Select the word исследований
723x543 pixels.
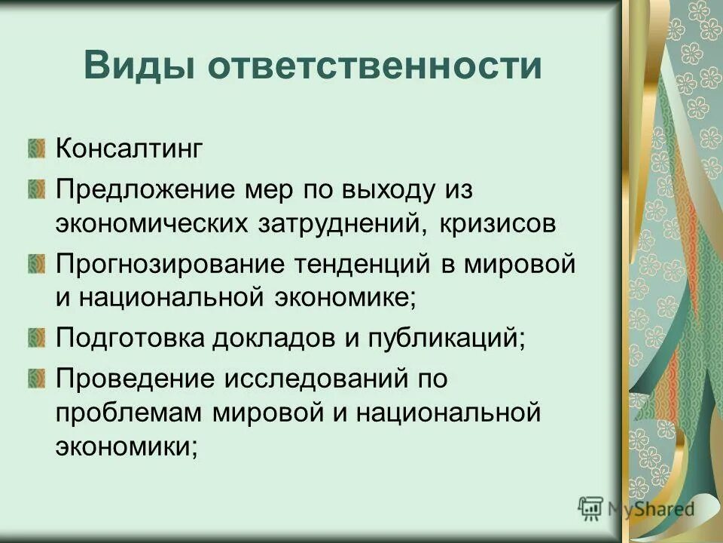click(x=314, y=378)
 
